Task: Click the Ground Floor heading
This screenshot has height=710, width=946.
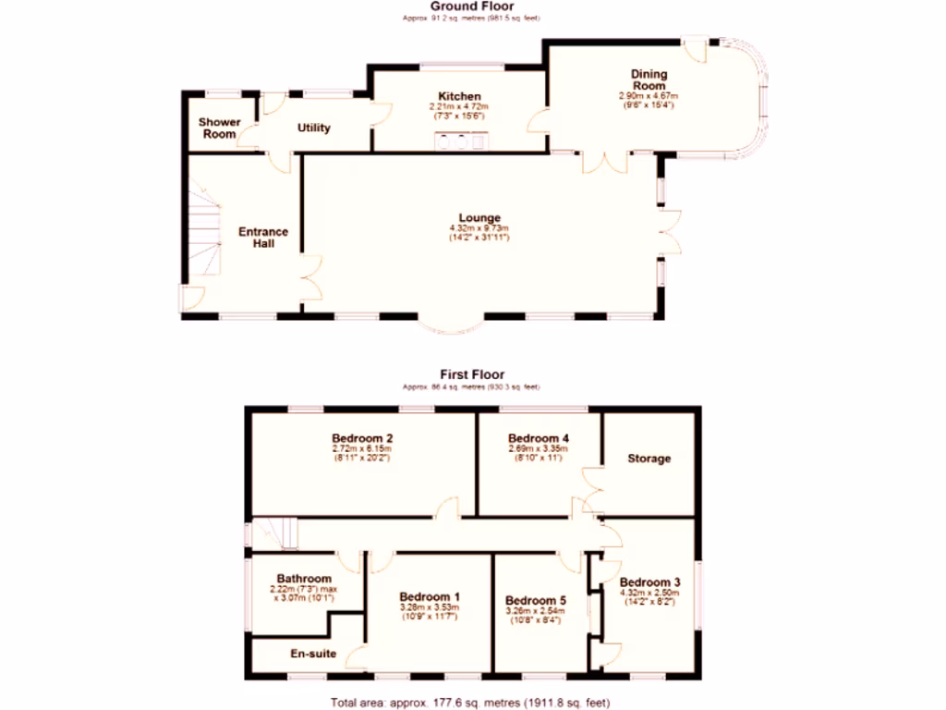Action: pyautogui.click(x=471, y=6)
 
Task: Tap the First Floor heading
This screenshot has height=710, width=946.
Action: pyautogui.click(x=471, y=374)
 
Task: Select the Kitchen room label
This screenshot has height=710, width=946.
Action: pyautogui.click(x=459, y=96)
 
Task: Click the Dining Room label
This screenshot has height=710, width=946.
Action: pyautogui.click(x=649, y=80)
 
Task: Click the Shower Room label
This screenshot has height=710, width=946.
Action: pyautogui.click(x=220, y=129)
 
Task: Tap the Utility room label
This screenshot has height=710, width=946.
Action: pyautogui.click(x=314, y=128)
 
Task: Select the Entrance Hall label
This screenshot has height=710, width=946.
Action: pyautogui.click(x=263, y=238)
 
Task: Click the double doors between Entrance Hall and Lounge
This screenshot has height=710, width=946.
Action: pyautogui.click(x=310, y=279)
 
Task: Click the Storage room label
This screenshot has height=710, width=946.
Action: pyautogui.click(x=649, y=459)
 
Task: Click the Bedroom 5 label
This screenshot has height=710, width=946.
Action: pyautogui.click(x=536, y=600)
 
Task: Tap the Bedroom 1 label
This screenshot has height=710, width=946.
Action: pyautogui.click(x=430, y=596)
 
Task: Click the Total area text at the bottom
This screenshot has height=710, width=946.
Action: pyautogui.click(x=471, y=701)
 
